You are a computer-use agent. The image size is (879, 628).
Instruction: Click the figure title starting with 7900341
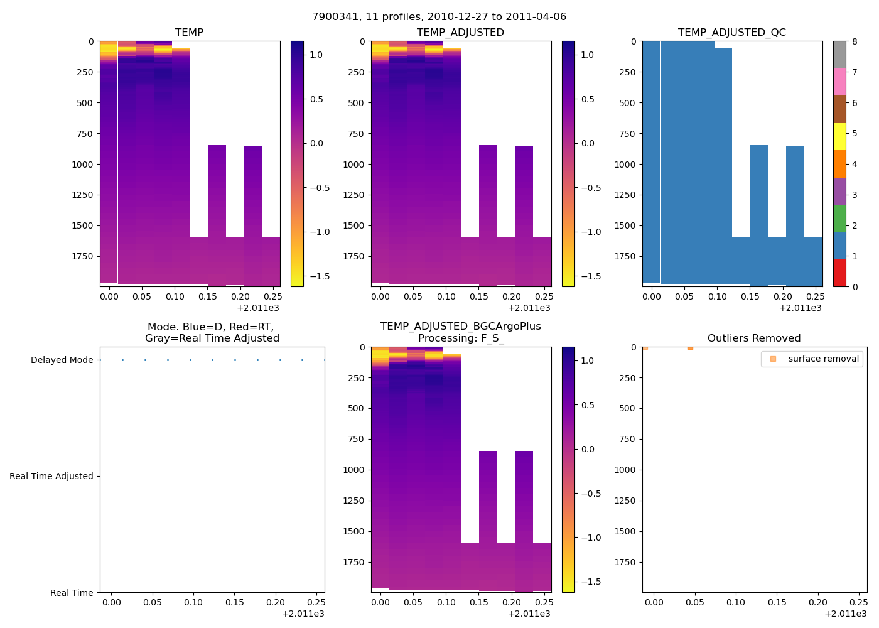439,16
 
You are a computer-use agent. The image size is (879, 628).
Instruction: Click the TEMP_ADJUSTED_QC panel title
731,32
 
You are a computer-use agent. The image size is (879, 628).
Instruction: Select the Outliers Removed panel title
753,338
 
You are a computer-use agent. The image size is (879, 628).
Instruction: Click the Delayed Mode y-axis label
62,360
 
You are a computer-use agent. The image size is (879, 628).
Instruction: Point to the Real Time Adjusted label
51,476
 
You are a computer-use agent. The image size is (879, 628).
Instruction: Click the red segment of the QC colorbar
839,273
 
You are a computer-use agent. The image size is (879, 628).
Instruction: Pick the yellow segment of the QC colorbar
839,136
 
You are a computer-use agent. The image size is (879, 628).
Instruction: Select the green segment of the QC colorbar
839,218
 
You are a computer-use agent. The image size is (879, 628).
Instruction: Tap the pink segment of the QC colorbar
839,82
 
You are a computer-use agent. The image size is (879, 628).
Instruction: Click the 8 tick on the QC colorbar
855,41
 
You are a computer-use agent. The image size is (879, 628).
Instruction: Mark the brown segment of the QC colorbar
839,109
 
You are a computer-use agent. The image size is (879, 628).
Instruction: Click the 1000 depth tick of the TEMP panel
84,164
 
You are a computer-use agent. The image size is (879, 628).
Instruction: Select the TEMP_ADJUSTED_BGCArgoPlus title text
460,327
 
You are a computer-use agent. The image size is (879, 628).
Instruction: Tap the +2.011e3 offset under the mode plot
303,614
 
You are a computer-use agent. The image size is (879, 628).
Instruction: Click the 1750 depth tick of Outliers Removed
627,562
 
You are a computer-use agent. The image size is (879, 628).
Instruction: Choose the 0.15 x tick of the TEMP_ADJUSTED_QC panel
750,296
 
